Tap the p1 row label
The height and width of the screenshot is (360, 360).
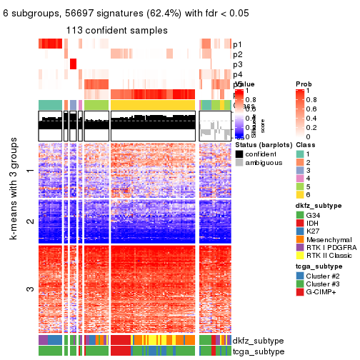(x=237, y=44)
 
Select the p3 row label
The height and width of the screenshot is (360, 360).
(x=237, y=64)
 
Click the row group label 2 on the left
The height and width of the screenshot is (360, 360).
(x=29, y=221)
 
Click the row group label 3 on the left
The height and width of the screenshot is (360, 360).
(x=29, y=289)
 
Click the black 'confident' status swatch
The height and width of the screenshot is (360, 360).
(x=240, y=154)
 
